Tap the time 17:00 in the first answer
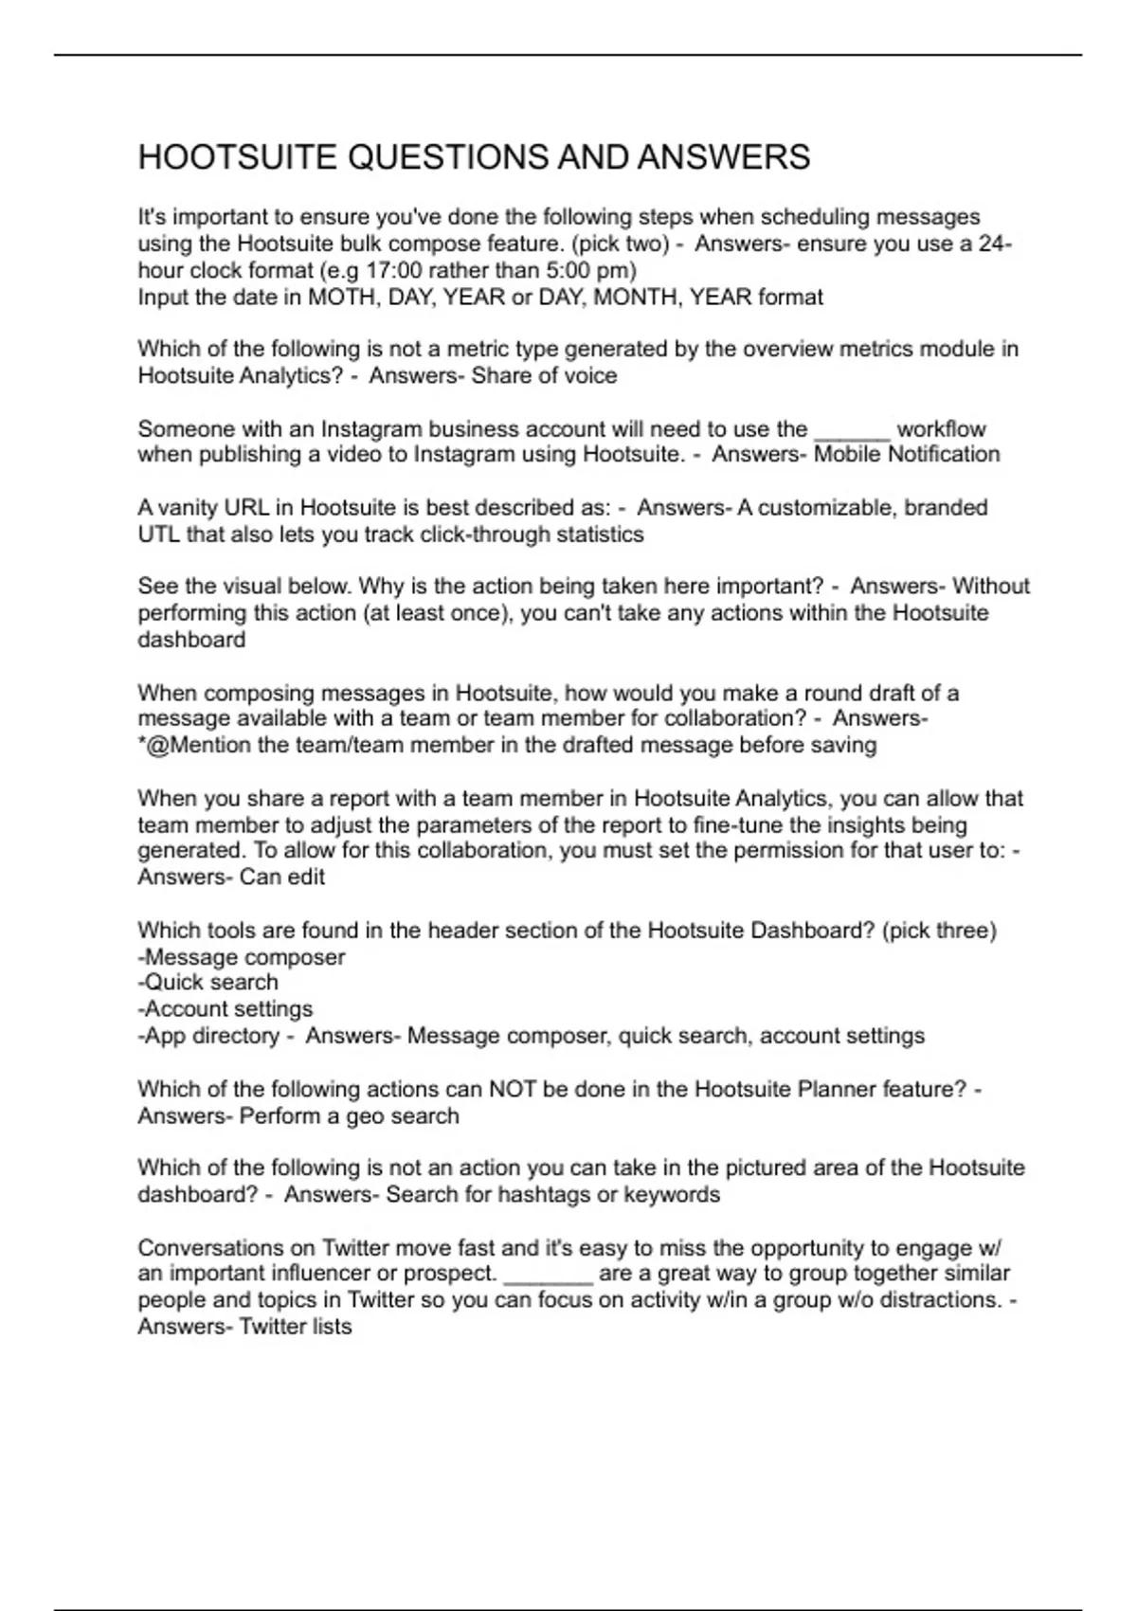coord(393,270)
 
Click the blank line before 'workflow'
coord(851,431)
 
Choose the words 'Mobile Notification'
coord(907,454)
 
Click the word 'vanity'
coord(185,508)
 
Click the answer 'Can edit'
coord(281,877)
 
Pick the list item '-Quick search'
coord(208,983)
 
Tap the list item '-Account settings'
coord(226,1009)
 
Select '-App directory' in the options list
coord(209,1036)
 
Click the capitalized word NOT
coord(513,1089)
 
